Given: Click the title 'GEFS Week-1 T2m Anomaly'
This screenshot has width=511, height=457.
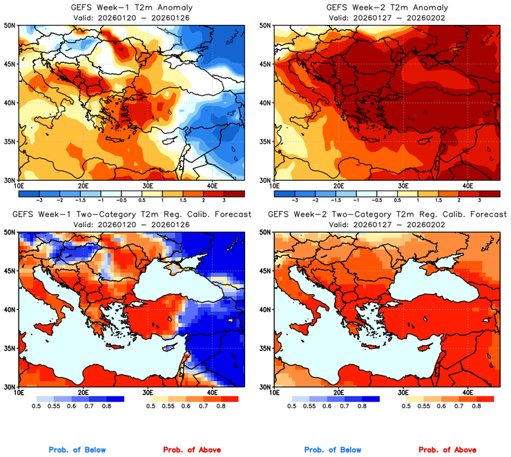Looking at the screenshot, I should click(131, 8).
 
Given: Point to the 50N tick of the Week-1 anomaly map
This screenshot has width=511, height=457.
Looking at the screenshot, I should click(10, 25).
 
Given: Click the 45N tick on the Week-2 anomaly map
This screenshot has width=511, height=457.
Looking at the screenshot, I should click(265, 64).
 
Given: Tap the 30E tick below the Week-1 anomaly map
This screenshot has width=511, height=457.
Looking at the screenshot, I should click(147, 186).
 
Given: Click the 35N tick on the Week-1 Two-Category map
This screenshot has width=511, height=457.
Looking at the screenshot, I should click(10, 348).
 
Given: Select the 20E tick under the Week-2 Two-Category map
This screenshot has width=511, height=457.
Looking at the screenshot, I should click(338, 392).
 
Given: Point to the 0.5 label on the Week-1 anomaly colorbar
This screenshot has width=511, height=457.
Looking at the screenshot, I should click(142, 200).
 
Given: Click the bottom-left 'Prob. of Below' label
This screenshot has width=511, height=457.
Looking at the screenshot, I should click(77, 450).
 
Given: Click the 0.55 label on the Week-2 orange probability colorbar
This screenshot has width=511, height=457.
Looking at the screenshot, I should click(423, 407).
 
